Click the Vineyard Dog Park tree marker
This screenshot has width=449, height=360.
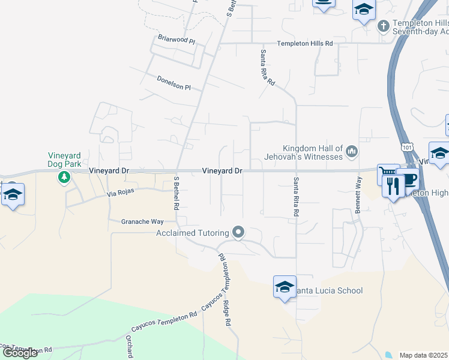tap(64, 177)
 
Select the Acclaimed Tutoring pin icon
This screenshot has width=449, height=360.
tap(239, 232)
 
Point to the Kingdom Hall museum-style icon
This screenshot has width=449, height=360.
tap(351, 153)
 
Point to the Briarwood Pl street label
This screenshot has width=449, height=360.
tap(176, 40)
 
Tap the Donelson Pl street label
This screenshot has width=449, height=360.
tap(173, 83)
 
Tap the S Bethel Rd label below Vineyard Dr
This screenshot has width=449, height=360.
tap(177, 192)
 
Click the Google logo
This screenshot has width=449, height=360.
tap(20, 353)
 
